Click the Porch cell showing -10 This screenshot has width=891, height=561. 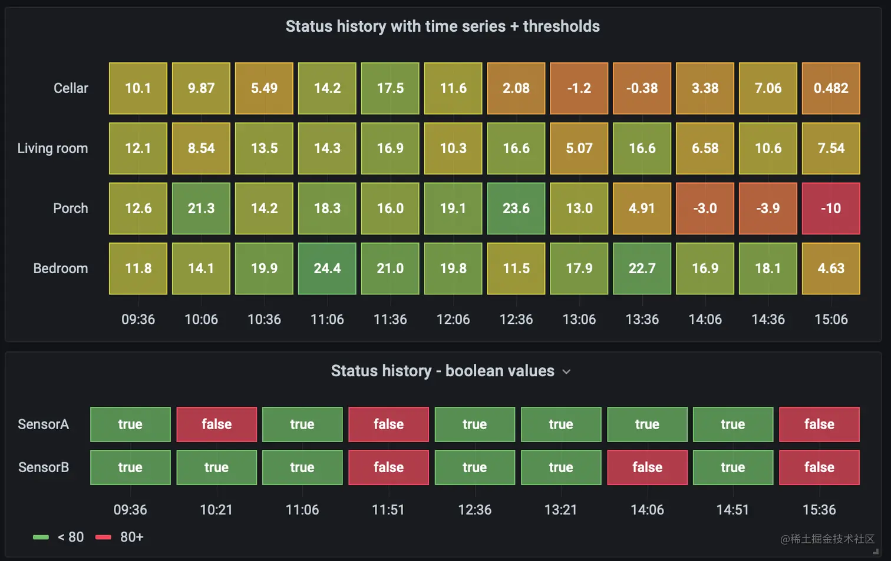click(831, 208)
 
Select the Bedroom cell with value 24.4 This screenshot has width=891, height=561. click(327, 268)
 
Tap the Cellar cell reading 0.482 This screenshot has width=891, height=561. click(831, 88)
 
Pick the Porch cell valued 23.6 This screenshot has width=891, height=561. click(516, 208)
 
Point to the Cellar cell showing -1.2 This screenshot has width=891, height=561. click(579, 88)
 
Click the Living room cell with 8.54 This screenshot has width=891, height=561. click(201, 148)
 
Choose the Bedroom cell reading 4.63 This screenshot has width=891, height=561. click(831, 268)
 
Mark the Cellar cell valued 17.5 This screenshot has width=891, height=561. click(390, 88)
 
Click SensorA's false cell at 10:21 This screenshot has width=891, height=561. click(216, 424)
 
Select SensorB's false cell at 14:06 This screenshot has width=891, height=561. click(647, 467)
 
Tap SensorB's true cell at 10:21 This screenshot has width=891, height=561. click(216, 467)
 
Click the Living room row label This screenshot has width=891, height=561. click(52, 148)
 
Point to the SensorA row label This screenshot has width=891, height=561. click(43, 424)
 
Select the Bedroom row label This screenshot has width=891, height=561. click(60, 268)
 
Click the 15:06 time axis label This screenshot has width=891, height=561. click(831, 320)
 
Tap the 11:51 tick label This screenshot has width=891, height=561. click(388, 510)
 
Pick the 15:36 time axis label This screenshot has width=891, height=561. click(819, 510)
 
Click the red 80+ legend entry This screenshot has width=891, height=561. click(120, 537)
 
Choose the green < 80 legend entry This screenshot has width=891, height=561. click(59, 537)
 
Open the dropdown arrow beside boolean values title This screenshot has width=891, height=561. click(566, 372)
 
